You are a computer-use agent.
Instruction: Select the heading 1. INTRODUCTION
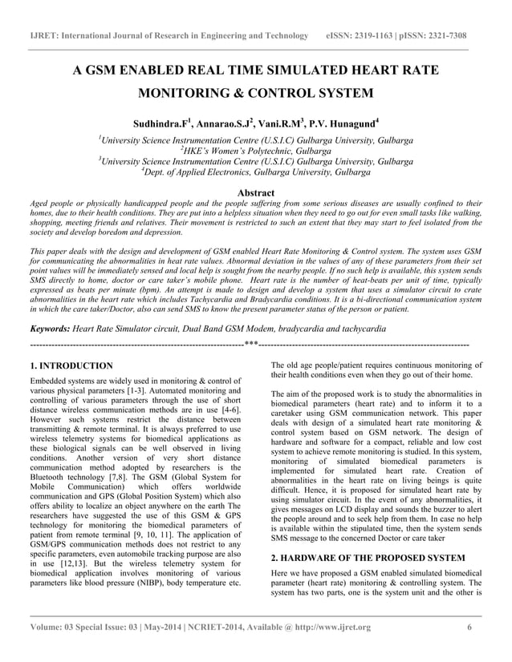[x=71, y=365]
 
